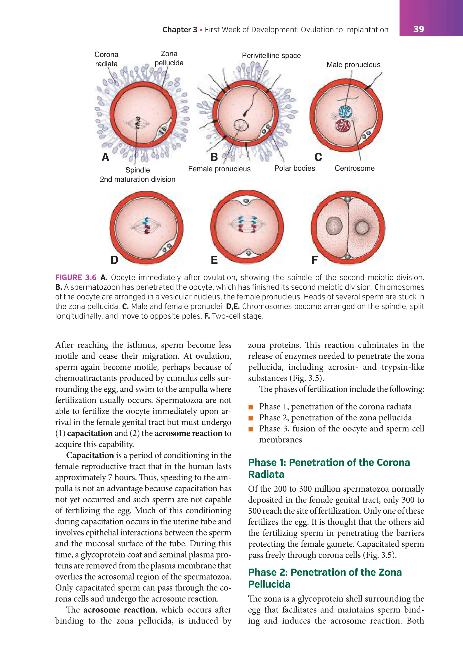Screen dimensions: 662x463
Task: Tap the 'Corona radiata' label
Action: pyautogui.click(x=106, y=59)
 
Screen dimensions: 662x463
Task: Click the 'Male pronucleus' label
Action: pyautogui.click(x=353, y=65)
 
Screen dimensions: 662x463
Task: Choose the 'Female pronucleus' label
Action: pyautogui.click(x=219, y=169)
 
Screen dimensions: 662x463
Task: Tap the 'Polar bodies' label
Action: pyautogui.click(x=294, y=168)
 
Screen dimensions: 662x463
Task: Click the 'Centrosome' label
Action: pyautogui.click(x=354, y=168)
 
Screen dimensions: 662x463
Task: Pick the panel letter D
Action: pyautogui.click(x=114, y=260)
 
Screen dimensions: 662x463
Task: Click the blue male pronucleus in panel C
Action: pyautogui.click(x=345, y=112)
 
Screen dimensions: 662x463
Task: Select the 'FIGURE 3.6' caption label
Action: pyautogui.click(x=76, y=278)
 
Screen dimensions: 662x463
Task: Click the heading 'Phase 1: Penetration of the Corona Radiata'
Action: pyautogui.click(x=329, y=468)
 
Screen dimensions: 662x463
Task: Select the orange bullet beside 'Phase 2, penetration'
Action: pyautogui.click(x=251, y=418)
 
